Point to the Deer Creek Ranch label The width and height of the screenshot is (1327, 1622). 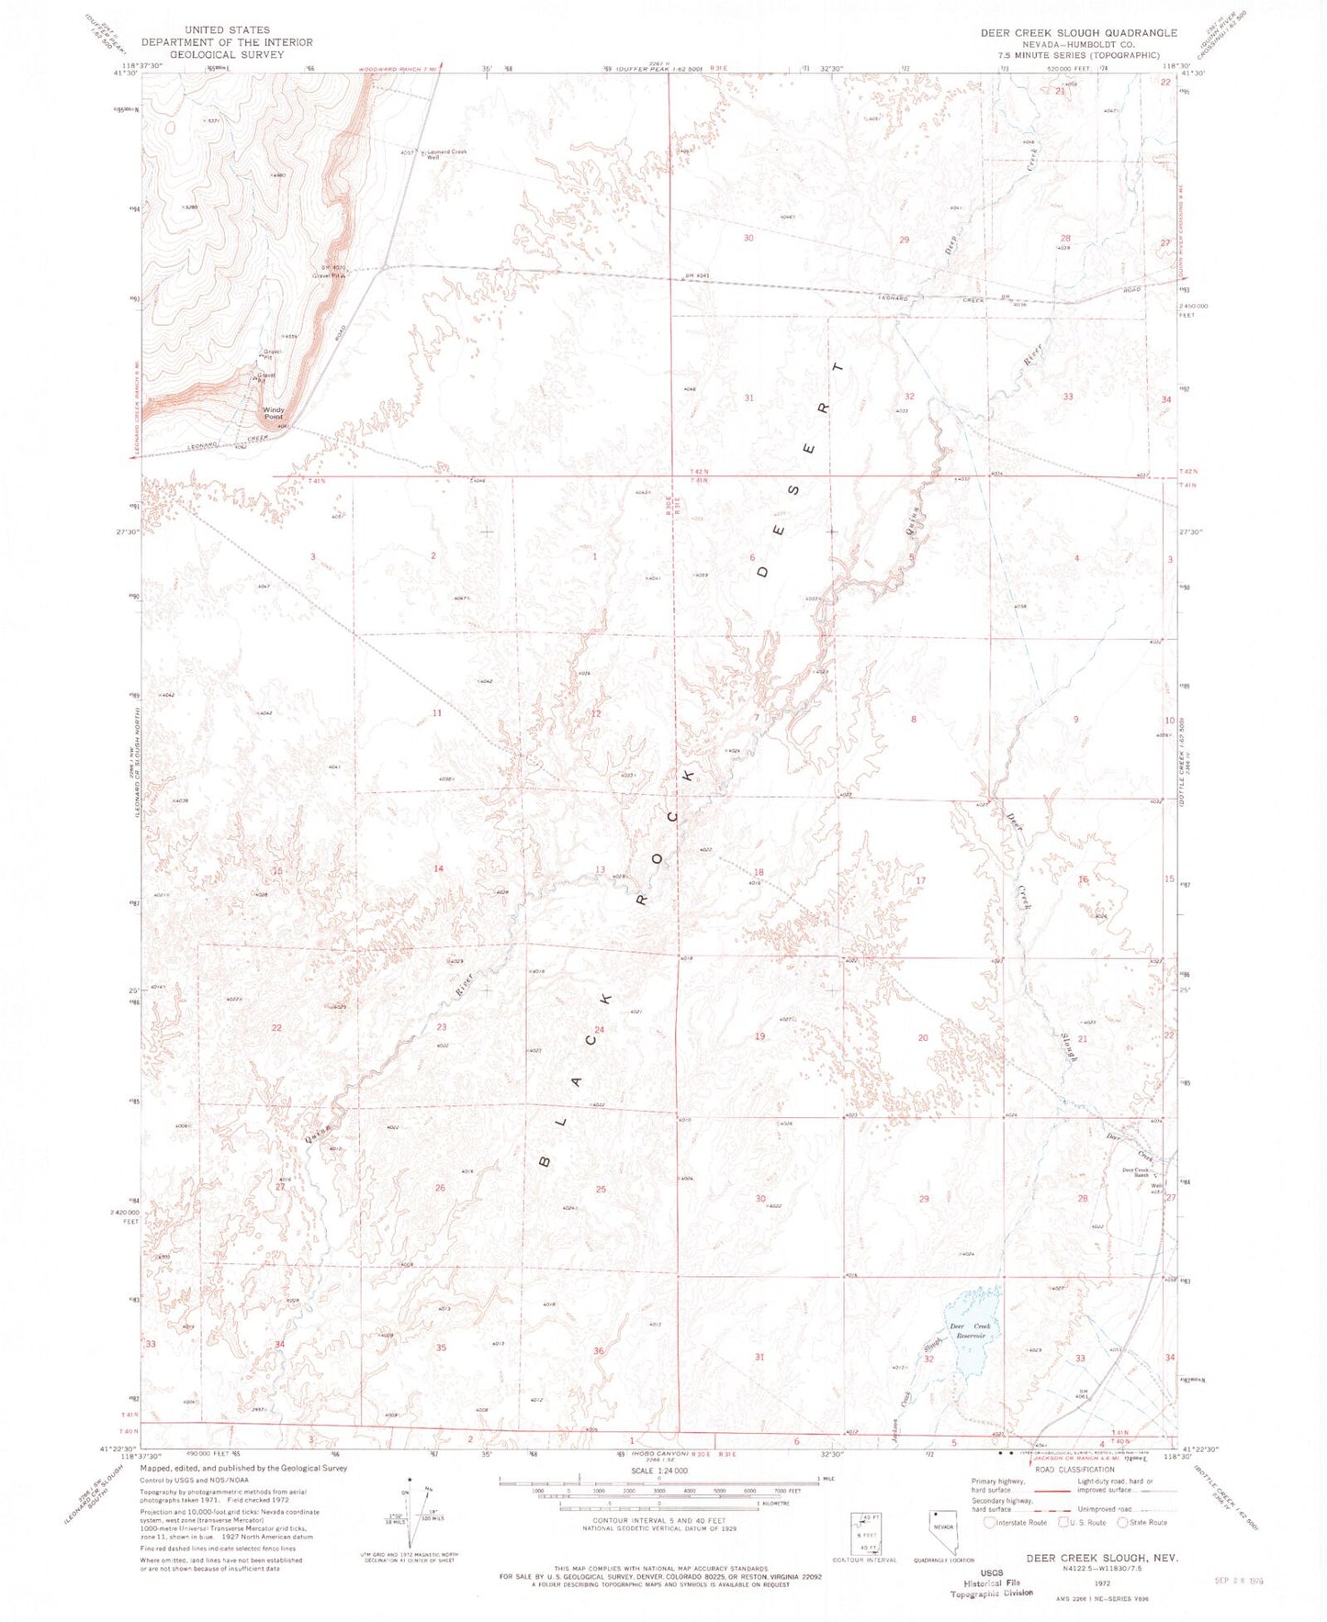point(1136,1171)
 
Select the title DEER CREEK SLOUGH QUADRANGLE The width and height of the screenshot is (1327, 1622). point(1078,33)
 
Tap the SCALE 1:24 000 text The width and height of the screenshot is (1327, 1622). point(658,1496)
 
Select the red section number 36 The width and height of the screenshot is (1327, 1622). point(599,1350)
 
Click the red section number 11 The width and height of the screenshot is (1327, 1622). point(438,713)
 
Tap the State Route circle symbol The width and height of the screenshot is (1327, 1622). point(1123,1522)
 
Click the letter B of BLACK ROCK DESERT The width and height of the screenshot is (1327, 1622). point(544,1160)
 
